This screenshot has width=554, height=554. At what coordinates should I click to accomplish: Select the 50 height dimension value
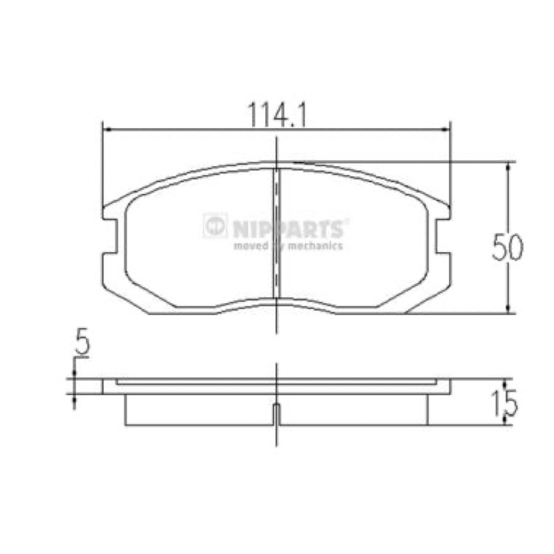tap(508, 247)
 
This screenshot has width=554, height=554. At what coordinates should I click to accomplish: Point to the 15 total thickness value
tap(508, 402)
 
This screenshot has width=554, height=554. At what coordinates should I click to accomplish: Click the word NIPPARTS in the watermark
tap(288, 229)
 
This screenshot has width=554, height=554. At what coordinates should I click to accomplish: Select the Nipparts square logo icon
tap(215, 225)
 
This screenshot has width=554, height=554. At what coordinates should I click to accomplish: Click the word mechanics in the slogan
tap(315, 246)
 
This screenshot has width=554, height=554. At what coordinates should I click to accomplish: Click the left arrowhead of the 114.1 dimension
tap(107, 129)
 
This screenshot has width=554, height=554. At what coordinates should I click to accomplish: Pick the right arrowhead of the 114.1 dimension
tap(447, 129)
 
